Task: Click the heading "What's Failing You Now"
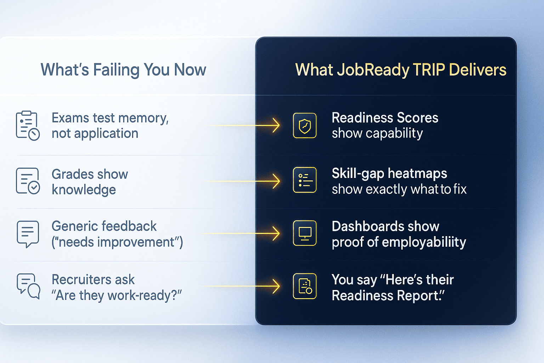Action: click(x=123, y=70)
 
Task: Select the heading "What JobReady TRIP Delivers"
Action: click(x=401, y=70)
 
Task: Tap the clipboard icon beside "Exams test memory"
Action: click(x=27, y=125)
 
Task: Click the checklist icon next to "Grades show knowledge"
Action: click(x=27, y=181)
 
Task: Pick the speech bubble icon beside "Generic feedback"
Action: click(x=27, y=234)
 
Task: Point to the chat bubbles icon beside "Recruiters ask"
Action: click(x=28, y=286)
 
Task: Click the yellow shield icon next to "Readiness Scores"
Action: click(x=305, y=125)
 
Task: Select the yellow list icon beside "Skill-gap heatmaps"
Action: click(x=305, y=180)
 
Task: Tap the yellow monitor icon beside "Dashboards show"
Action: click(x=305, y=233)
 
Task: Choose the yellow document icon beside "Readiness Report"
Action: click(x=305, y=286)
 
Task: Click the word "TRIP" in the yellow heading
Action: click(x=429, y=70)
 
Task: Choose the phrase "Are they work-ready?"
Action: click(x=117, y=295)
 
